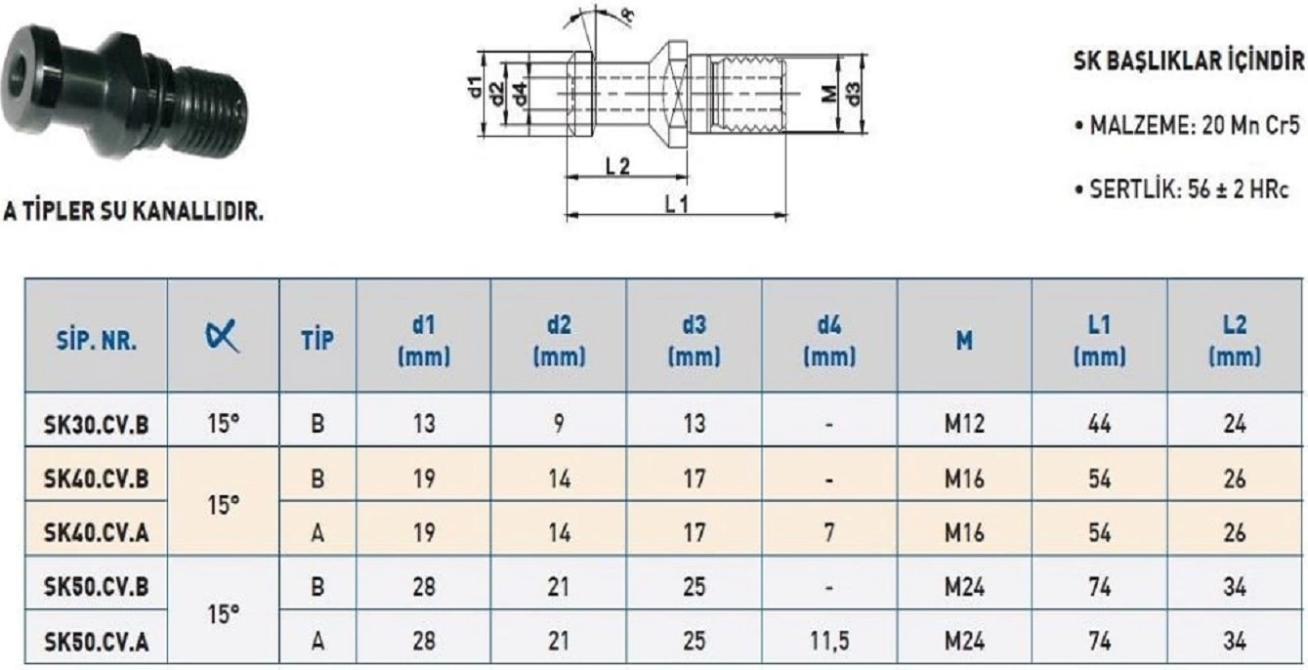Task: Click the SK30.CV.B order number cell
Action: coord(97,424)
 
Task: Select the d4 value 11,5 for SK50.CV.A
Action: coord(829,642)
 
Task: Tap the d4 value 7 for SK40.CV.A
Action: coord(829,532)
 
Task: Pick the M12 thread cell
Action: coord(964,424)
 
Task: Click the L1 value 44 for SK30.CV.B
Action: coord(1099,424)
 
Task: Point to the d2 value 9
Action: coord(559,424)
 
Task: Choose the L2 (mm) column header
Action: coord(1235,340)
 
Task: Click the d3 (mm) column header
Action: coord(695,340)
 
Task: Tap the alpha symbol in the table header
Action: coord(223,336)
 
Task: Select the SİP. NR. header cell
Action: coord(97,340)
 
